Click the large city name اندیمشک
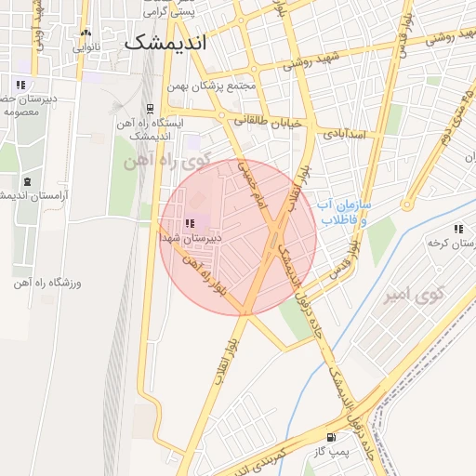pos(165,43)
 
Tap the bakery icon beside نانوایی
pos(86,33)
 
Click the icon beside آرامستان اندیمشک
pos(26,180)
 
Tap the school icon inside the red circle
pos(191,223)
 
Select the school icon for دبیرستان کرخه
pos(457,229)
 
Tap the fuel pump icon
pos(331,436)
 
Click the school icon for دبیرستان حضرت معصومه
pos(20,85)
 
